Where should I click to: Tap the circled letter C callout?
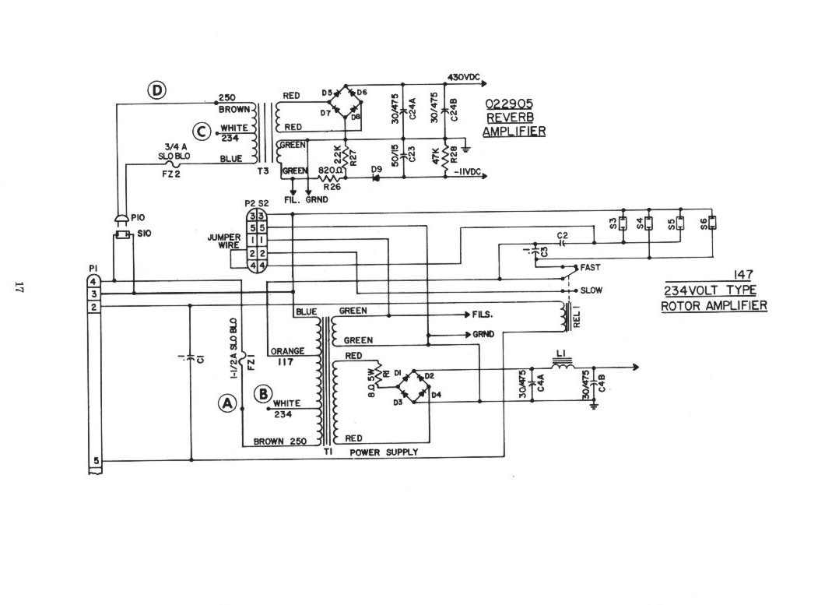click(202, 132)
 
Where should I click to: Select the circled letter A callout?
click(227, 403)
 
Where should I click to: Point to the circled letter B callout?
click(262, 393)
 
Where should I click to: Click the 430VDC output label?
click(465, 77)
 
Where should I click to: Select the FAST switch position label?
click(590, 267)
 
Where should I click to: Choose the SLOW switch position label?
click(591, 290)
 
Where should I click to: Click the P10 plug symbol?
click(121, 220)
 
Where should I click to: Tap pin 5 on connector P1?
click(95, 461)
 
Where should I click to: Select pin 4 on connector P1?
click(93, 280)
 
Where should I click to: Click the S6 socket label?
click(703, 223)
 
